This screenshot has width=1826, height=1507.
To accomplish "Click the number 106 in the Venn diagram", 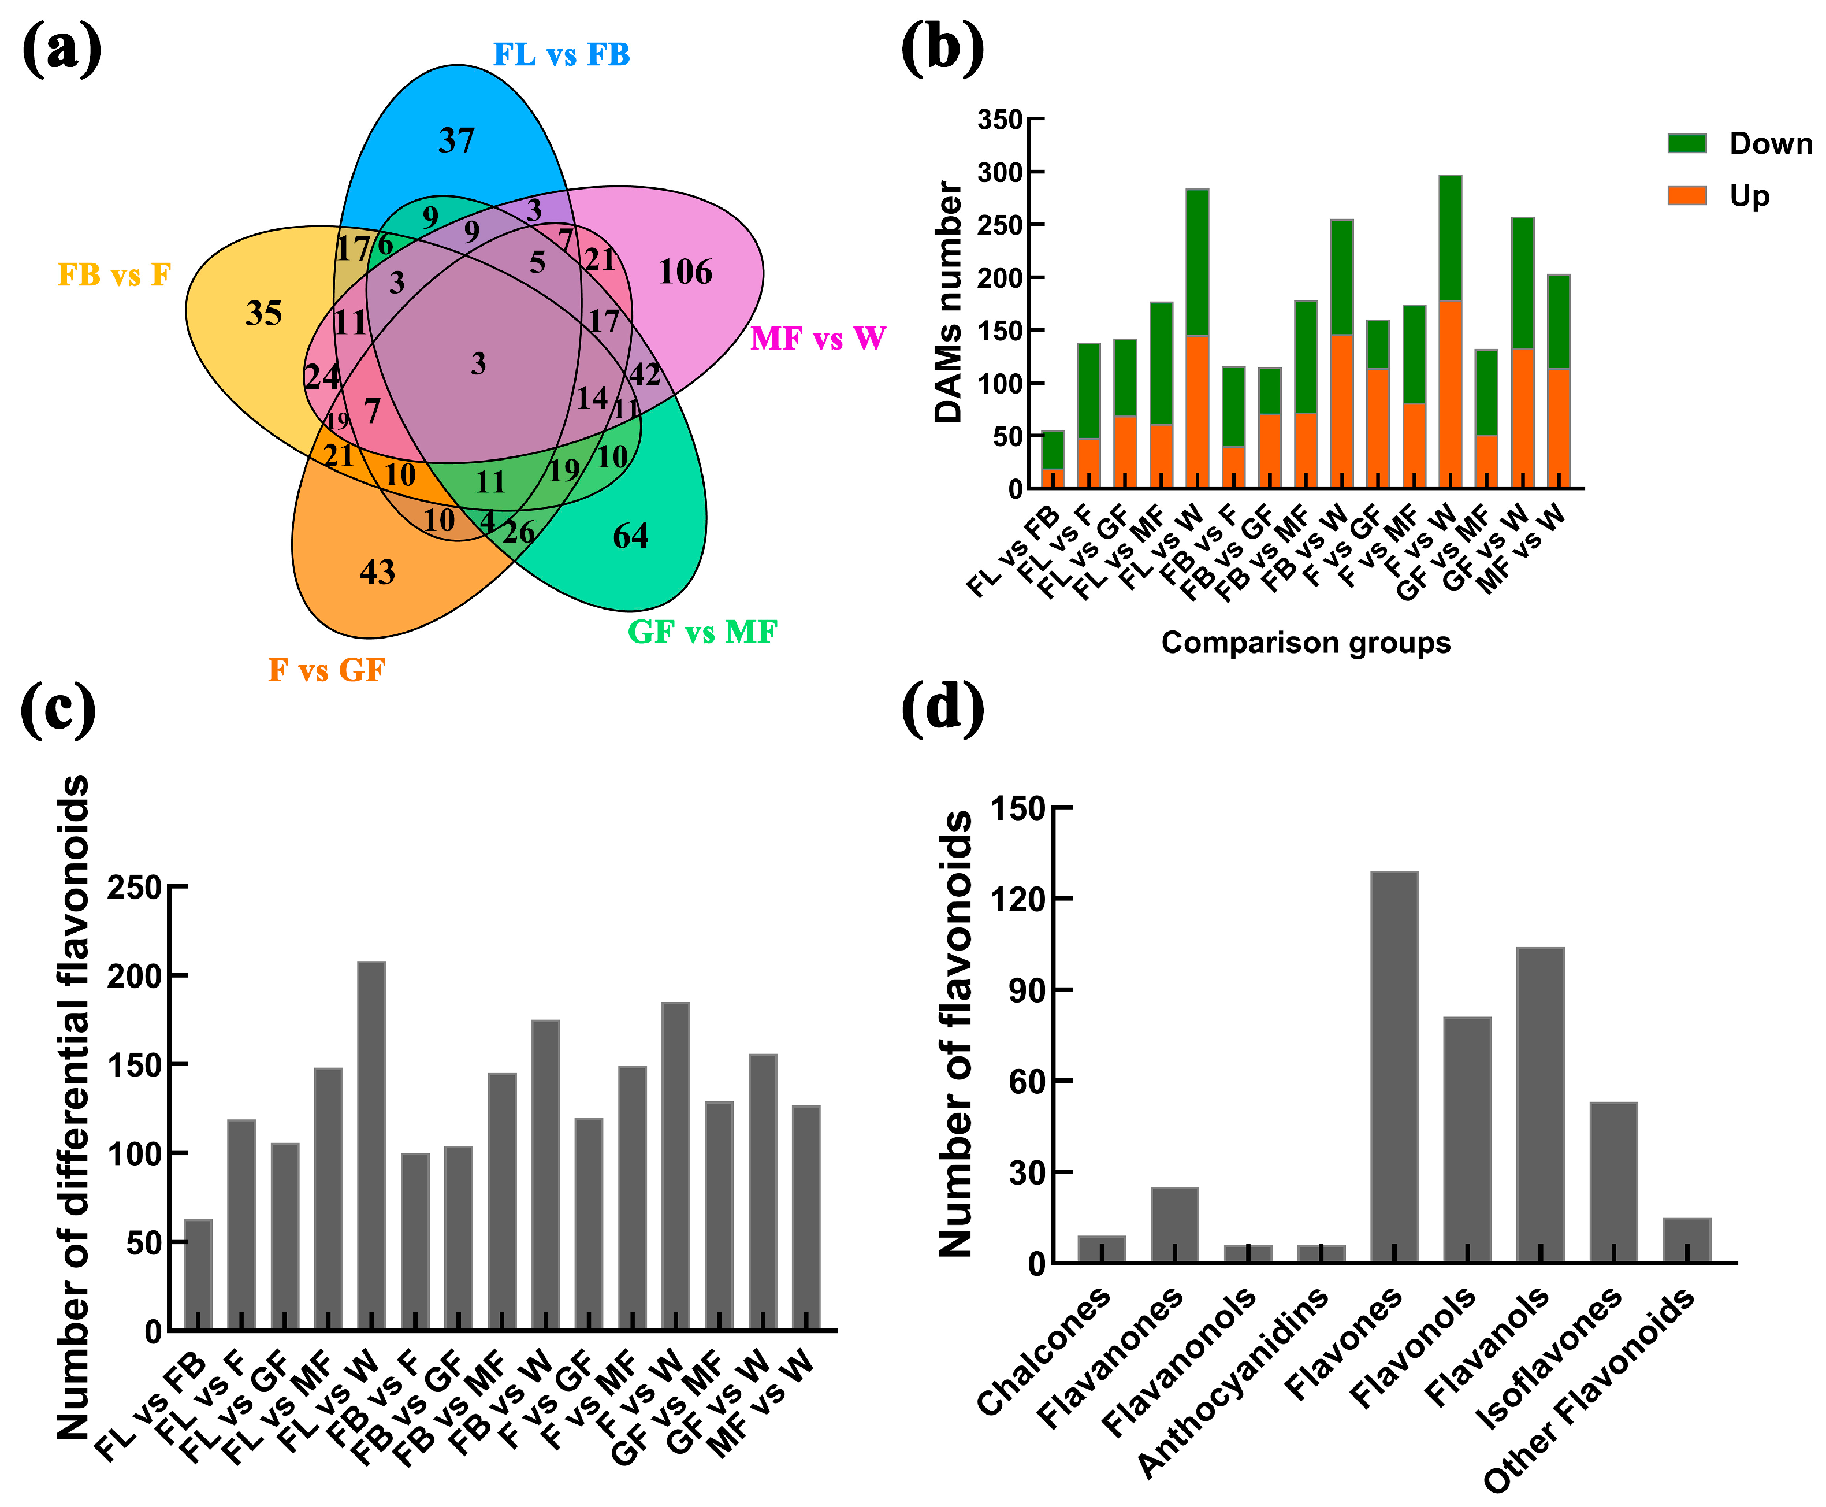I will [x=685, y=273].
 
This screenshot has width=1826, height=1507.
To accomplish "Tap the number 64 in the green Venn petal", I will [x=630, y=536].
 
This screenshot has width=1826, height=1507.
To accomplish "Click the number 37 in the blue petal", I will [x=456, y=140].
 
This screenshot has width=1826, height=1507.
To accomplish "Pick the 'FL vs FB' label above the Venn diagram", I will [x=561, y=55].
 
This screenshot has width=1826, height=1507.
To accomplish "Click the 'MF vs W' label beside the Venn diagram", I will [x=817, y=339].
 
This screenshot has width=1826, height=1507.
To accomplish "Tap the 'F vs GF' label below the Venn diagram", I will [x=326, y=670].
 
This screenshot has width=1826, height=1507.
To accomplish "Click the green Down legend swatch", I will [x=1686, y=143].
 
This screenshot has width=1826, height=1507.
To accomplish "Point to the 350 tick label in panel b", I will [x=1000, y=120].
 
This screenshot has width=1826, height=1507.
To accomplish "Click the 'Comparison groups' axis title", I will [x=1306, y=643].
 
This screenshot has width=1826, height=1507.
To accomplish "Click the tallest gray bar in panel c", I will [x=371, y=1146].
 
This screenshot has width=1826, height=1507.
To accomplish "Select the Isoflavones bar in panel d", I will [x=1613, y=1182].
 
